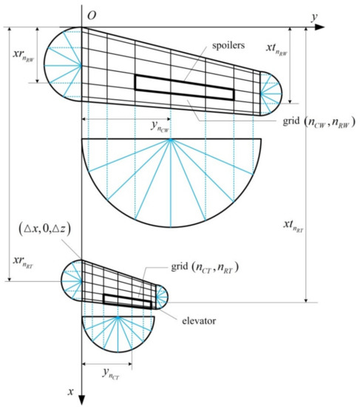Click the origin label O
[x=92, y=15]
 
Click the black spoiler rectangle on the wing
[x=184, y=85]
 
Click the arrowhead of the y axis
[x=323, y=27]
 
